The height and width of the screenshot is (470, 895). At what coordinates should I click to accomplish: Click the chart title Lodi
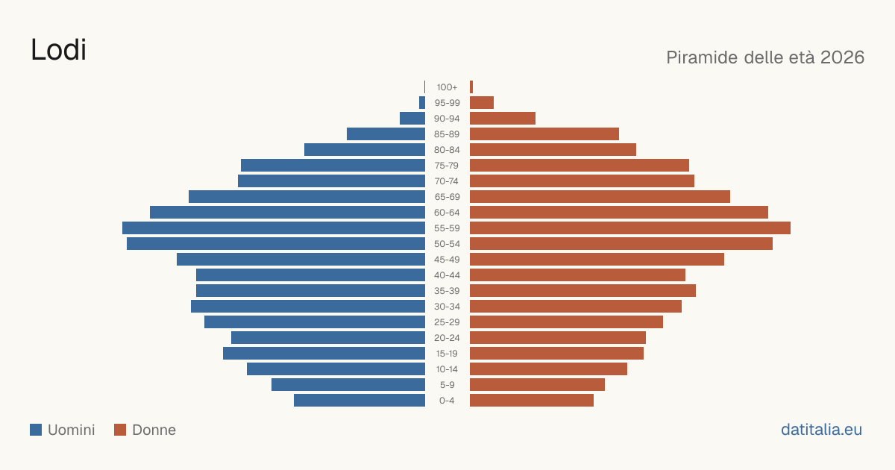coord(58,50)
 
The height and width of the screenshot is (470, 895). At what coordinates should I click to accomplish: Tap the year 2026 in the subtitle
coord(842,57)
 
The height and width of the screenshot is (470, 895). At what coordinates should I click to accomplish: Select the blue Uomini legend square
coord(36,430)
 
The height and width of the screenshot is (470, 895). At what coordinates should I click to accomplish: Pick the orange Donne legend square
coord(120,430)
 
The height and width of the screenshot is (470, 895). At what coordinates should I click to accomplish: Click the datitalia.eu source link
coord(821,430)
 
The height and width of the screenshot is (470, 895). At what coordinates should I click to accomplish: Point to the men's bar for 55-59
coord(274,228)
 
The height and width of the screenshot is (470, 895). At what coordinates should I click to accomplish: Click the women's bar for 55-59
coord(630,228)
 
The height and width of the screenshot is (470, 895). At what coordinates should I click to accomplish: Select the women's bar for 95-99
coord(482,103)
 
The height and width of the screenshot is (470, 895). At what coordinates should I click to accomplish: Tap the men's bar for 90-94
coord(412,119)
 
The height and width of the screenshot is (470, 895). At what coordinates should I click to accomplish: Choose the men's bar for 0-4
coord(359,401)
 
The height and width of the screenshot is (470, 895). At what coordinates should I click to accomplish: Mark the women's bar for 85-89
coord(544,134)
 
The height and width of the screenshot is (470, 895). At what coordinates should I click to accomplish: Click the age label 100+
coord(447,87)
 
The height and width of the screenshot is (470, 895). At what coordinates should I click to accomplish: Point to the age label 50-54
coord(447,244)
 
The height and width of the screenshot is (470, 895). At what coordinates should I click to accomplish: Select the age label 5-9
coord(447,385)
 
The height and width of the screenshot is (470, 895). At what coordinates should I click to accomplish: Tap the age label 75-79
coord(447,166)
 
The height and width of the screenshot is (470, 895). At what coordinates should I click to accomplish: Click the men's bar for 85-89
coord(386,134)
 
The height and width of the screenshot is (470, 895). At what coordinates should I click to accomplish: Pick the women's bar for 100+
coord(471,87)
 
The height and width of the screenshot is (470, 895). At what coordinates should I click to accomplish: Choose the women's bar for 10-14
coord(549,369)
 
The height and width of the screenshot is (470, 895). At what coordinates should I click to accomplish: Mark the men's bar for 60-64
coord(288,212)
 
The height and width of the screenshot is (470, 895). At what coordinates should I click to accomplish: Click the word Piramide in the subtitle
coord(702,57)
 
